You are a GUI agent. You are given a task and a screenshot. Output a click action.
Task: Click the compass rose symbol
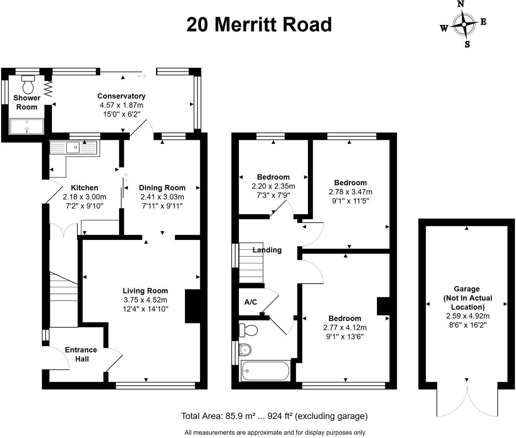tap(464, 24)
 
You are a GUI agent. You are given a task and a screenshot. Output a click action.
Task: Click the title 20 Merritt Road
tap(259, 24)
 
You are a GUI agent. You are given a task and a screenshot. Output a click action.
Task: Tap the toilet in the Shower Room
tap(28, 84)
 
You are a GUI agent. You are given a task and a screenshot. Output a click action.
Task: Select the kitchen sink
tap(73, 148)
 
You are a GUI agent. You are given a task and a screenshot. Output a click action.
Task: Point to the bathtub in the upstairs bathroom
tap(266, 371)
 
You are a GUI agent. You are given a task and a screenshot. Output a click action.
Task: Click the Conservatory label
tap(121, 96)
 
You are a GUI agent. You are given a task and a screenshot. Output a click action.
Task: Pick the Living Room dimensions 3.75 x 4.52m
tap(145, 300)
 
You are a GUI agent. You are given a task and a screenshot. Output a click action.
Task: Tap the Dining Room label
tap(162, 187)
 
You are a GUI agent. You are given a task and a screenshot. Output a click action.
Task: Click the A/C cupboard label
tap(251, 302)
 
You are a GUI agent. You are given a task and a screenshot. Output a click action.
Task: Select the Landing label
tap(267, 250)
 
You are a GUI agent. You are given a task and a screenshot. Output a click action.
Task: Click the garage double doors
tap(466, 400)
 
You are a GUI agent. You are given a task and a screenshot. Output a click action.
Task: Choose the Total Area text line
tap(274, 416)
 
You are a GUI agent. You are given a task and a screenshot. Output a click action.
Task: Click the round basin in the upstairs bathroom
tap(245, 349)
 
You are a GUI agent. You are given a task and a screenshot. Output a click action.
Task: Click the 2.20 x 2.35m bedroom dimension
tap(273, 186)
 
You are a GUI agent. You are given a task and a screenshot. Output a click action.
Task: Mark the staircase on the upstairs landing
tap(251, 262)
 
